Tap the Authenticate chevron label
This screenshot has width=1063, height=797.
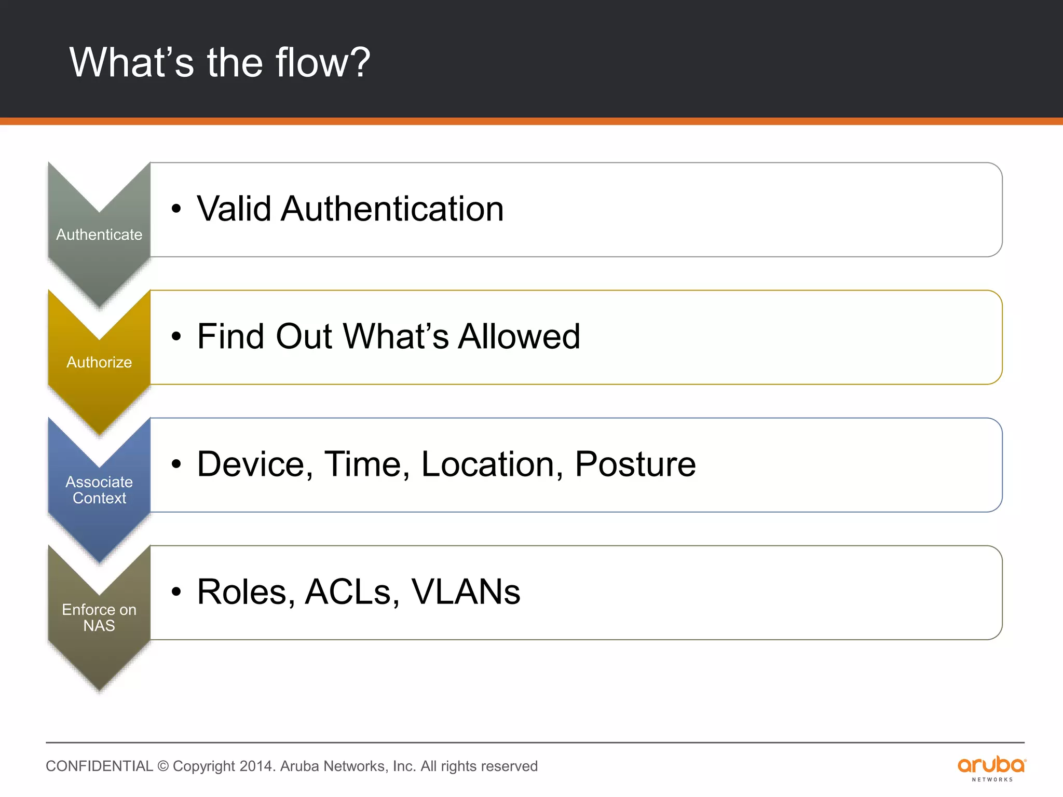pos(99,235)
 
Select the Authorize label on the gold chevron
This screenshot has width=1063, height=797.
pos(99,362)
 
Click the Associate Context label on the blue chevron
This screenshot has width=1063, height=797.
pos(99,490)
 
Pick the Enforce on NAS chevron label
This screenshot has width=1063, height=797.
pos(99,617)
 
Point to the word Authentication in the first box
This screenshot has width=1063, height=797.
pos(392,209)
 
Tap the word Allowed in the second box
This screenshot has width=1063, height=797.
pos(519,336)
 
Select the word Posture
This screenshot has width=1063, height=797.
pos(635,464)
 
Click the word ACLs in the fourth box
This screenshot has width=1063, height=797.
pos(352,592)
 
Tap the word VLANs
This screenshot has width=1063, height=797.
pos(466,592)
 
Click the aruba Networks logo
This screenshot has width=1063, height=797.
pos(991,768)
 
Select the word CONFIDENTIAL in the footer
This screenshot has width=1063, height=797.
pos(99,766)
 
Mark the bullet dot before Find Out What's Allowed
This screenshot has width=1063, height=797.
pos(176,337)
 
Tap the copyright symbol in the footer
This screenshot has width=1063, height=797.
pos(163,766)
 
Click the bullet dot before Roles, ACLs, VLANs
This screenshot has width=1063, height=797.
pos(176,592)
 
